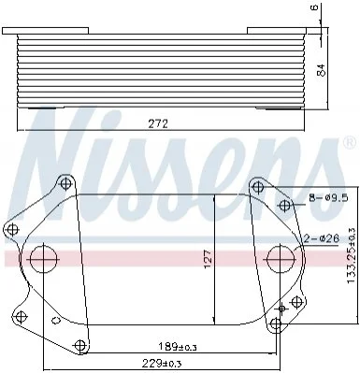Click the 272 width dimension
(x=158, y=123)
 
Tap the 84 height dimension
(x=322, y=70)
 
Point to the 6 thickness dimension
(x=315, y=7)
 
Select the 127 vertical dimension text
(x=209, y=258)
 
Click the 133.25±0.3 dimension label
(x=351, y=255)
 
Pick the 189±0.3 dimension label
(x=178, y=346)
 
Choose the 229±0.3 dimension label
(x=162, y=363)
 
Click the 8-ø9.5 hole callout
(x=328, y=198)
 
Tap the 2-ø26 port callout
(x=322, y=238)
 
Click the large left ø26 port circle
(x=44, y=259)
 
